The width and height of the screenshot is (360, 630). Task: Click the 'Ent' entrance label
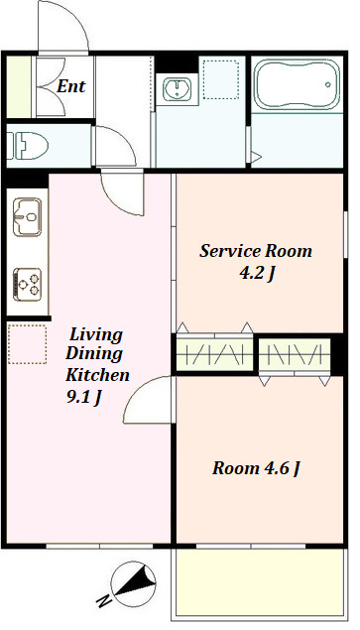click(70, 86)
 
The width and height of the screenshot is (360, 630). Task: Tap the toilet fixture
click(28, 146)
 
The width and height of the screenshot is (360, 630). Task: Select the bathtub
click(298, 84)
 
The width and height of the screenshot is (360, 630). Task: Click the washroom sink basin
click(177, 88)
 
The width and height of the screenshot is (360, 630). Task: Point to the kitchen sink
click(28, 216)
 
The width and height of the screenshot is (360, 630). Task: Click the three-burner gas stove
click(28, 285)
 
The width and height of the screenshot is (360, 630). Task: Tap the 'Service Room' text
click(256, 251)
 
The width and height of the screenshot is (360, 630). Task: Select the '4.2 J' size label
click(257, 274)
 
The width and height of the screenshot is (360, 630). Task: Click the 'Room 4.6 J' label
click(256, 468)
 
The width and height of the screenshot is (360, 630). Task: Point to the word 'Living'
click(96, 334)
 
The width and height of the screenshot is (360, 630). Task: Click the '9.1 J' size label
click(83, 397)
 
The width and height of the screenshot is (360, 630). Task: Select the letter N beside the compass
click(104, 600)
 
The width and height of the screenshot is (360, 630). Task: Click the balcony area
click(260, 581)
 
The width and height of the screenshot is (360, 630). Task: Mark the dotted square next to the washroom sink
click(221, 79)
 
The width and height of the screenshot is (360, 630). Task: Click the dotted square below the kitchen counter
click(27, 344)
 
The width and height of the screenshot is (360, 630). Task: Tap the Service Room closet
click(215, 354)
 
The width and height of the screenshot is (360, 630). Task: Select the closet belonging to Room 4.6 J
click(295, 354)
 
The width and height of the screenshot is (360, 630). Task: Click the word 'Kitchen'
click(97, 375)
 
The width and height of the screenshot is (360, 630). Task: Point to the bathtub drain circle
click(328, 84)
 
